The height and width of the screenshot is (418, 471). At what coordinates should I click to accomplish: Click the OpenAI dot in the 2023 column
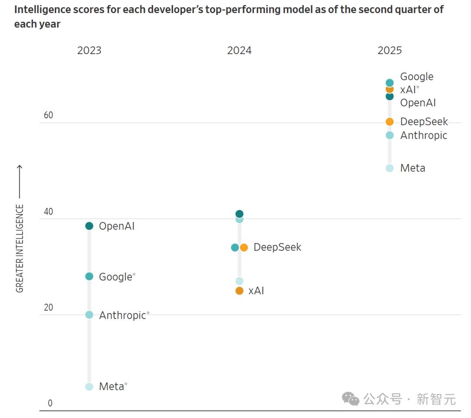[89, 226]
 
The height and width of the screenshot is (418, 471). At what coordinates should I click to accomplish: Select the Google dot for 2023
[89, 276]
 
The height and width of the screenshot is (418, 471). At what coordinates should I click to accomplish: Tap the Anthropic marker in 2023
[89, 315]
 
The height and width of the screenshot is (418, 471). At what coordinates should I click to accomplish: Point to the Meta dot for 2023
[89, 387]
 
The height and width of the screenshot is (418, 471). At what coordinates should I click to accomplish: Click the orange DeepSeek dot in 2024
[244, 248]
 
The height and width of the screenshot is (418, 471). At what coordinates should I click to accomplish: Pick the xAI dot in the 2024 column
[239, 291]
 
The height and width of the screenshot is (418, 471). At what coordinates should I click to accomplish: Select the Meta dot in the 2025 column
[389, 168]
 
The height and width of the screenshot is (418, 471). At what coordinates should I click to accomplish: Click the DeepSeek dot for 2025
[389, 122]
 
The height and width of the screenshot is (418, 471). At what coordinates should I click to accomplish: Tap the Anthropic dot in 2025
[389, 136]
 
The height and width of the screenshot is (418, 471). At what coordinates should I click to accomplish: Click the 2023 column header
[89, 51]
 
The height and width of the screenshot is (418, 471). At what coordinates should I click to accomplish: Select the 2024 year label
[239, 51]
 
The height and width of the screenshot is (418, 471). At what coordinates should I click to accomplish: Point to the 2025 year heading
[389, 51]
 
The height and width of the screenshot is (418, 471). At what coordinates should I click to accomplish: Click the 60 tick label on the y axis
[48, 115]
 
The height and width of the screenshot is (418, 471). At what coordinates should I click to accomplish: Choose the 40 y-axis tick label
[48, 212]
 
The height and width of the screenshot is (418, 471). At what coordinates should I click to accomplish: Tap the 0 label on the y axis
[50, 403]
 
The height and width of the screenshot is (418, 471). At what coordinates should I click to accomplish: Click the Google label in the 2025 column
[416, 77]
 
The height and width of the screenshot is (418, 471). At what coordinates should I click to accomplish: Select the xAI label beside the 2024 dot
[256, 291]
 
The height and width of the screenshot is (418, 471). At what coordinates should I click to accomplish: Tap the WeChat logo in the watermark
[350, 398]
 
